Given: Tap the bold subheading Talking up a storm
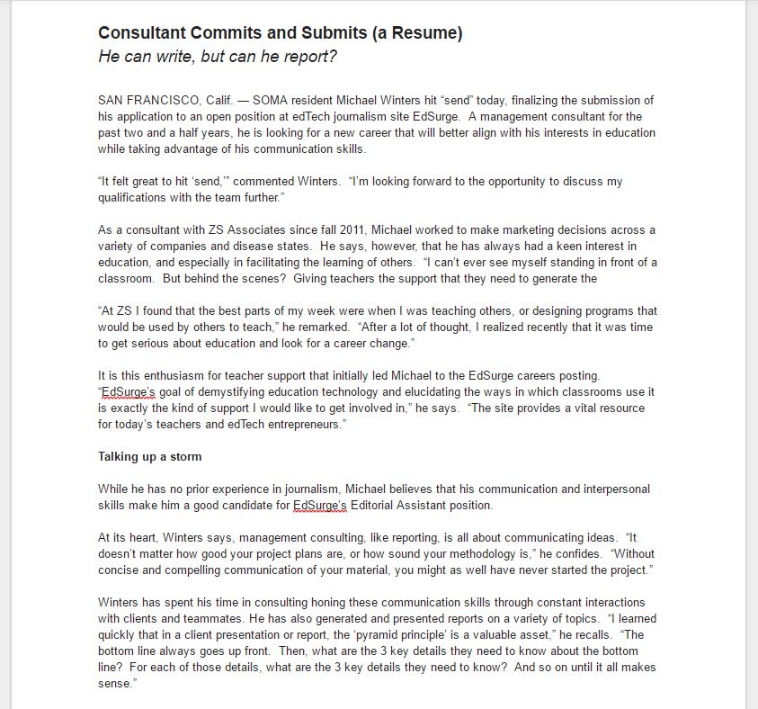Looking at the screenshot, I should coord(149,456).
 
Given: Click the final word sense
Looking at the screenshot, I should coord(115,683).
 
